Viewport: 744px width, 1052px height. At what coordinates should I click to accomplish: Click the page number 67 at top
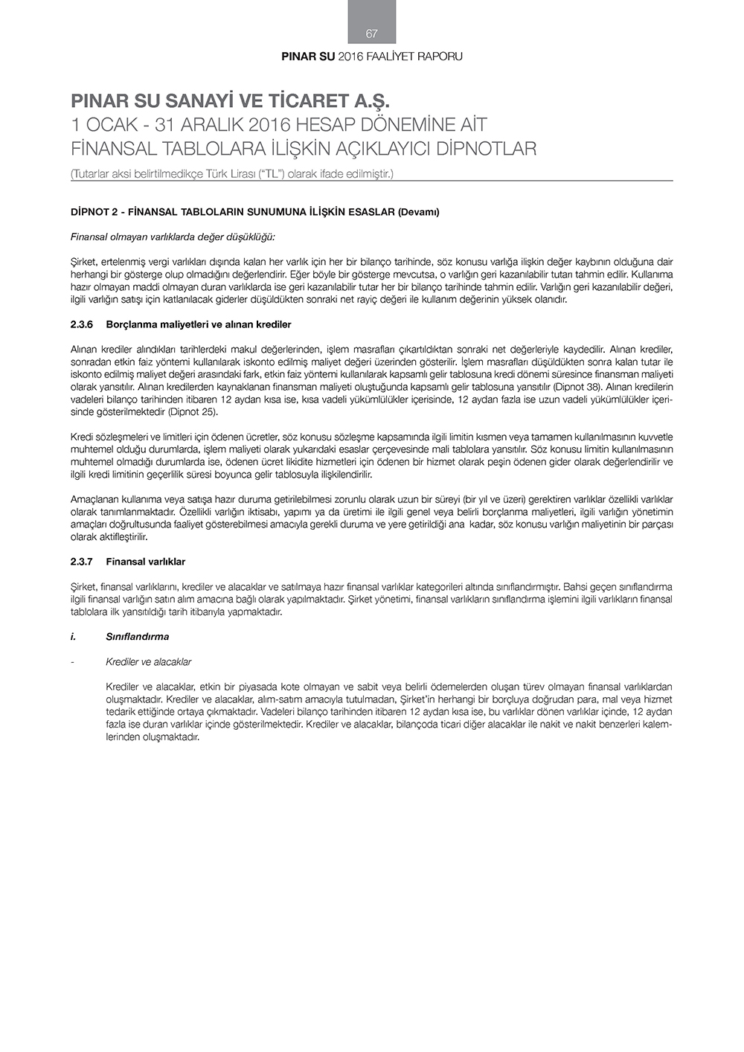click(x=372, y=33)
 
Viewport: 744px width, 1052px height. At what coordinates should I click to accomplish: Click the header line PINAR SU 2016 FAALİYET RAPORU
click(x=372, y=57)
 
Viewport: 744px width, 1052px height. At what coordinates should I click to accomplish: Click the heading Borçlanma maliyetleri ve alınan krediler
click(x=199, y=324)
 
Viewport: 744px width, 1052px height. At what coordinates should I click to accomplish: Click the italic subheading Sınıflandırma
click(x=138, y=636)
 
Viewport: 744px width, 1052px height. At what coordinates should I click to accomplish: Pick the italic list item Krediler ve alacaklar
click(x=149, y=661)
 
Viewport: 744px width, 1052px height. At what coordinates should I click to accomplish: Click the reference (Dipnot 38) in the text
click(x=580, y=387)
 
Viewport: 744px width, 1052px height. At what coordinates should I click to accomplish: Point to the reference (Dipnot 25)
click(x=193, y=411)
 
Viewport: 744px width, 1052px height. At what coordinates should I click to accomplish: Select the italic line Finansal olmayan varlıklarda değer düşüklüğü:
click(x=173, y=237)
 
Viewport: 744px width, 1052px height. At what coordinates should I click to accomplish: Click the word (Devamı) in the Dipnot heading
click(x=418, y=212)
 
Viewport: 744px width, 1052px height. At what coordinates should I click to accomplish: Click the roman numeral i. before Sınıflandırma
click(x=73, y=636)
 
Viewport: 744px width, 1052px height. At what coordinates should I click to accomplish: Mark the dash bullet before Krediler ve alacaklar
click(x=71, y=661)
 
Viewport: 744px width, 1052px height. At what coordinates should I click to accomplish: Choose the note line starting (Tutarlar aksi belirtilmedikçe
click(x=231, y=173)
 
